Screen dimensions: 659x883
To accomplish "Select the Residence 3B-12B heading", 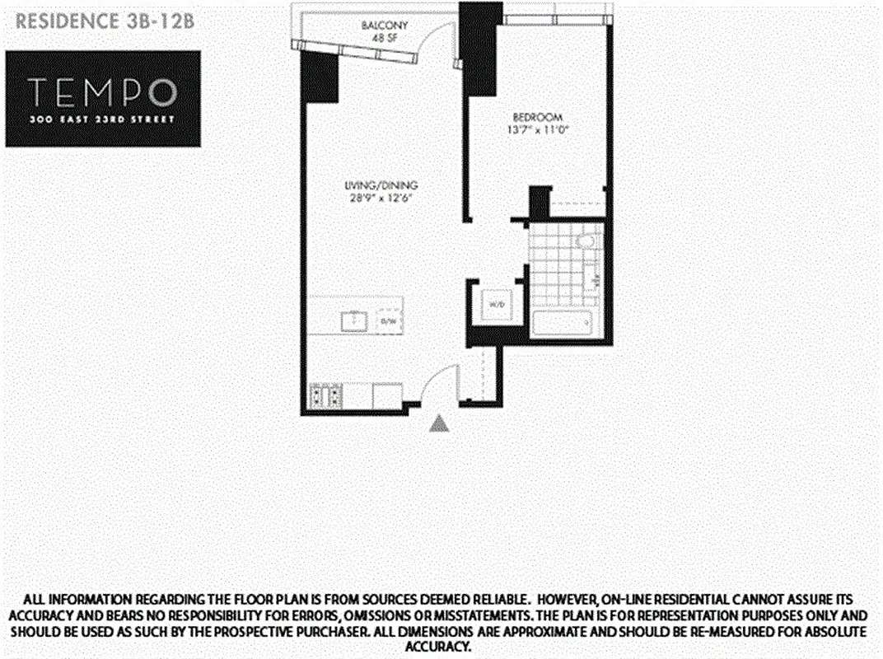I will [x=105, y=21].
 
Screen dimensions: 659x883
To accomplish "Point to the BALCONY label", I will [x=381, y=26].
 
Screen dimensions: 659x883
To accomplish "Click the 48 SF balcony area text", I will [x=381, y=37].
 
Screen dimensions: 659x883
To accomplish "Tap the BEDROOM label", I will [x=528, y=117].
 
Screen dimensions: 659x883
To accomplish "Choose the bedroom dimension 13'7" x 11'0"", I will [x=528, y=129].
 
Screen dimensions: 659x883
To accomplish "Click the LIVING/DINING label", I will [x=371, y=185].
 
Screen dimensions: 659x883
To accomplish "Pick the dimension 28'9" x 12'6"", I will [x=371, y=197].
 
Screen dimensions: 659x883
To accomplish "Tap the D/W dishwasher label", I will [x=387, y=321].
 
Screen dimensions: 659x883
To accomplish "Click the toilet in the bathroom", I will [x=586, y=242].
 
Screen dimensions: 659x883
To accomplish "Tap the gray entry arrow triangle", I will [x=441, y=423].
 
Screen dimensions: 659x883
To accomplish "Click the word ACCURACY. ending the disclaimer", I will [x=440, y=647].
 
